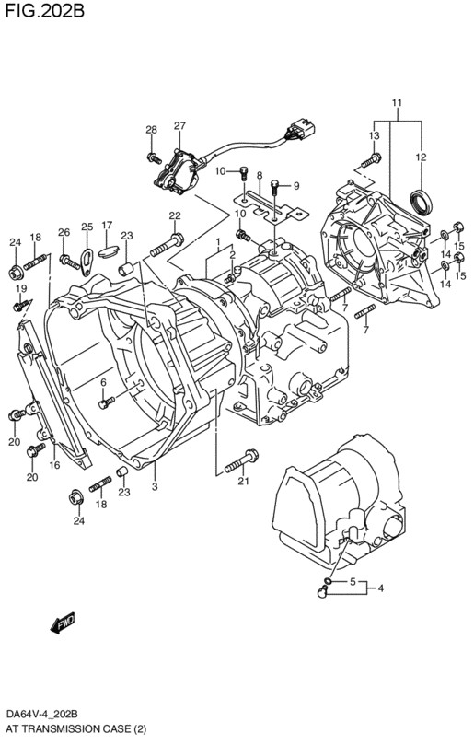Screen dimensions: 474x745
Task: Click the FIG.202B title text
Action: tap(45, 10)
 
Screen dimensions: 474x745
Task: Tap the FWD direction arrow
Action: tap(63, 623)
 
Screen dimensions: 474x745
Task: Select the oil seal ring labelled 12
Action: tap(422, 202)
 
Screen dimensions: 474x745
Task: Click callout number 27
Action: tap(179, 126)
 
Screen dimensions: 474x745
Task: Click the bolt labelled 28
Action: tap(154, 157)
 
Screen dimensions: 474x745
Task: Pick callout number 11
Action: tap(397, 102)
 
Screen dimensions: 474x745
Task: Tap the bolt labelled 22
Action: tap(168, 244)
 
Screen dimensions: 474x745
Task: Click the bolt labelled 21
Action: tap(241, 460)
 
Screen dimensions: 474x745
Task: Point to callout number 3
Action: tap(155, 486)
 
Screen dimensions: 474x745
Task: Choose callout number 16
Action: tap(54, 465)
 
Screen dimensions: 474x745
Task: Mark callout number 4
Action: tap(380, 588)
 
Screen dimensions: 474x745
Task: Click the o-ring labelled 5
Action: tap(328, 580)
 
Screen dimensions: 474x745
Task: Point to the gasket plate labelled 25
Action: tap(87, 262)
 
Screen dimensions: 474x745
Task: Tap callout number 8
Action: tap(260, 175)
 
